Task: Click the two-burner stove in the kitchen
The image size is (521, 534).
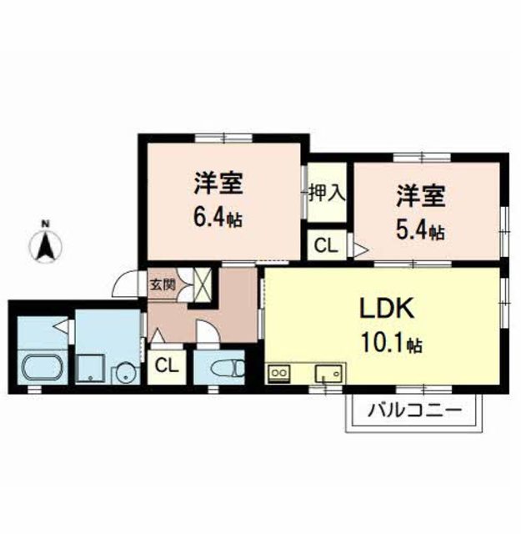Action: [278, 373]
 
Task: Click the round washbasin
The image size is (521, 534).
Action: [124, 371]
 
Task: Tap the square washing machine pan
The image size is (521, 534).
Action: [88, 368]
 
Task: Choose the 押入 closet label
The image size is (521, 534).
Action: [327, 193]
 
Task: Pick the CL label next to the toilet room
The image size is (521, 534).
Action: [167, 365]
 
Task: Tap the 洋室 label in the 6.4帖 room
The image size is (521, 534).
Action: [219, 182]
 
